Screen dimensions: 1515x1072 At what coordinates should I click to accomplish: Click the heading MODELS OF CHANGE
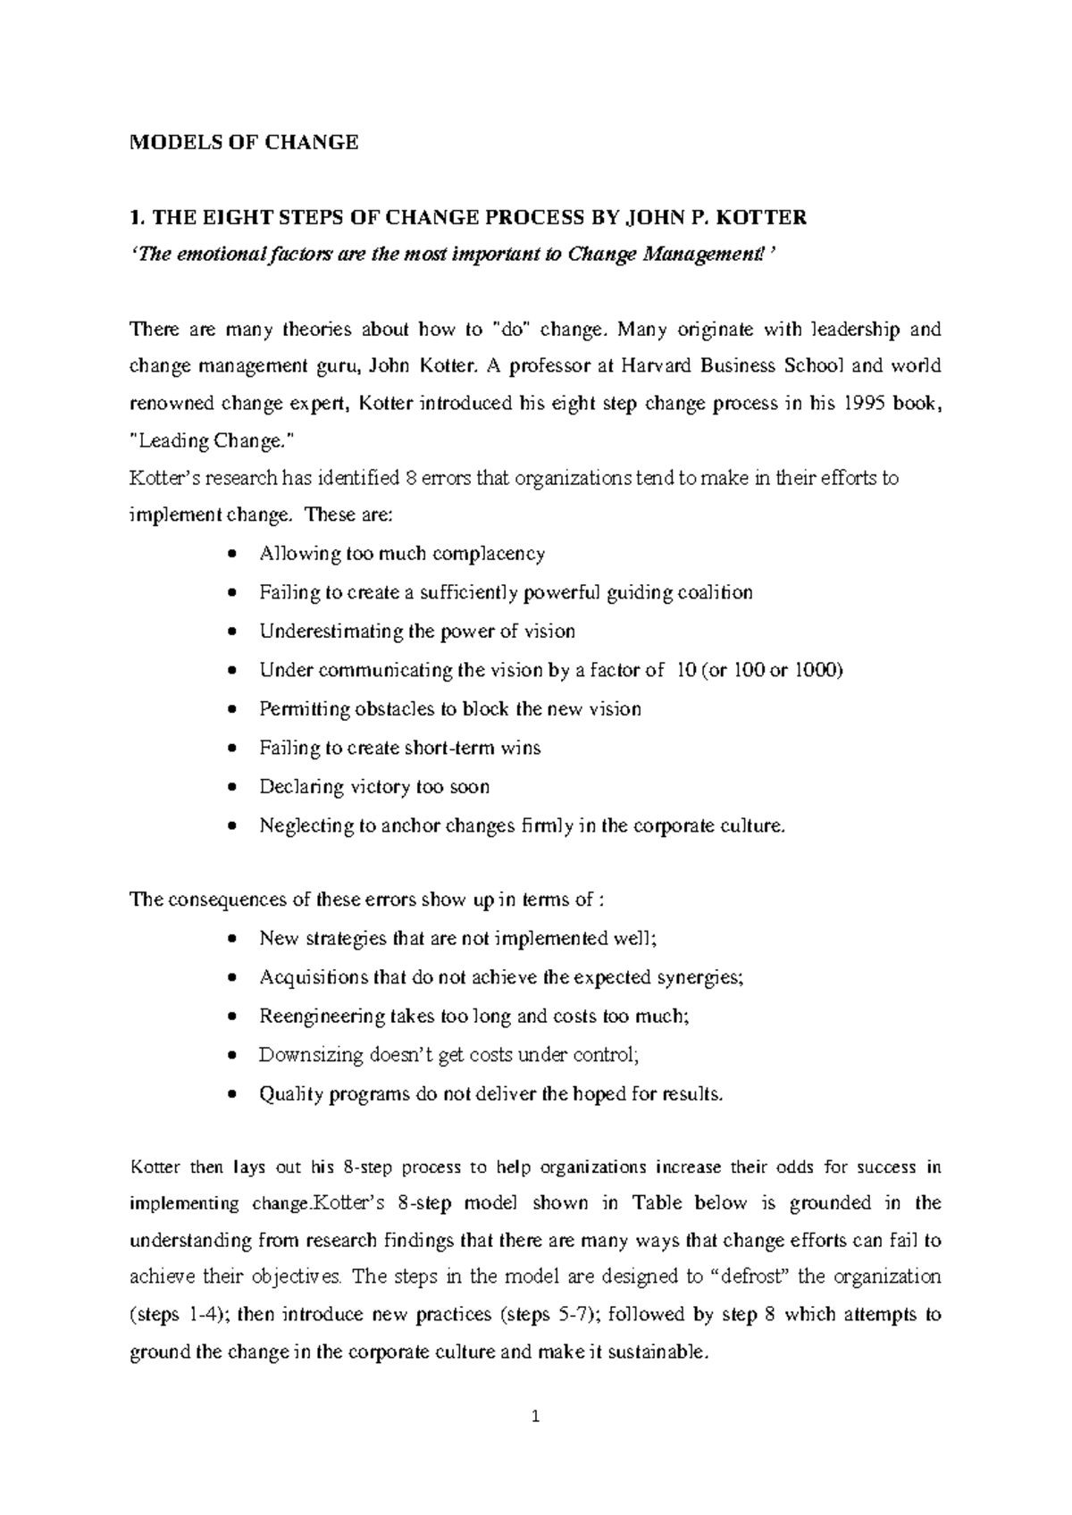244,142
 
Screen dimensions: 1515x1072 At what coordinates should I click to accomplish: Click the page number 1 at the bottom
536,1417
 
